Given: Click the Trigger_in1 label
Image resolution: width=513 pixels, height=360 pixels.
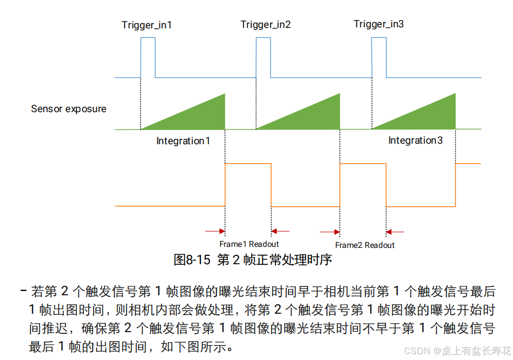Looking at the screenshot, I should (x=146, y=25).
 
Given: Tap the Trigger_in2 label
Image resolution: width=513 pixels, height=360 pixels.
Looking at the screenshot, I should (x=266, y=25).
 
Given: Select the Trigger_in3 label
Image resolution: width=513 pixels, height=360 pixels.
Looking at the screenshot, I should (x=379, y=24).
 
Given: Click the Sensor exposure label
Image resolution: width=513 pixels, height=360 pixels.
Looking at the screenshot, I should (x=68, y=109).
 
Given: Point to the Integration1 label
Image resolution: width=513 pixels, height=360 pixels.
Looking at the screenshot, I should (x=183, y=141).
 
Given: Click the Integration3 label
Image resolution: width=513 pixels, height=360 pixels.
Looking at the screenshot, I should (x=415, y=141).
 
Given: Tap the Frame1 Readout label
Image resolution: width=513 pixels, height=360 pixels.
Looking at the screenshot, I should (x=249, y=244).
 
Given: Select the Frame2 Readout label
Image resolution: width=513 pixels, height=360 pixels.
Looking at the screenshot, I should (x=365, y=245).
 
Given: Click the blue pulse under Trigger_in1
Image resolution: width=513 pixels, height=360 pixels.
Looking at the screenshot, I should (x=148, y=58).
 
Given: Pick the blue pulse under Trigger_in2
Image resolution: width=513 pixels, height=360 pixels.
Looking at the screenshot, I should (x=263, y=58).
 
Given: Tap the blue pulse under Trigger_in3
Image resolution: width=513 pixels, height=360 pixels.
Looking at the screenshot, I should (x=379, y=58).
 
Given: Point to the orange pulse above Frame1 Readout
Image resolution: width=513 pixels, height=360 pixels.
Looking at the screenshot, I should (x=248, y=184).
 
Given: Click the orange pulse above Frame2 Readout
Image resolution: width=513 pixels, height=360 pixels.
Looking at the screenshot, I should (x=363, y=184).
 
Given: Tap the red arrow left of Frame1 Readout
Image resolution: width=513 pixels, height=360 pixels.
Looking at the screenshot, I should (x=214, y=231).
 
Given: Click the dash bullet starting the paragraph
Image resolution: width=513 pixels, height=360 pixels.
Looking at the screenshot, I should (x=24, y=291).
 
